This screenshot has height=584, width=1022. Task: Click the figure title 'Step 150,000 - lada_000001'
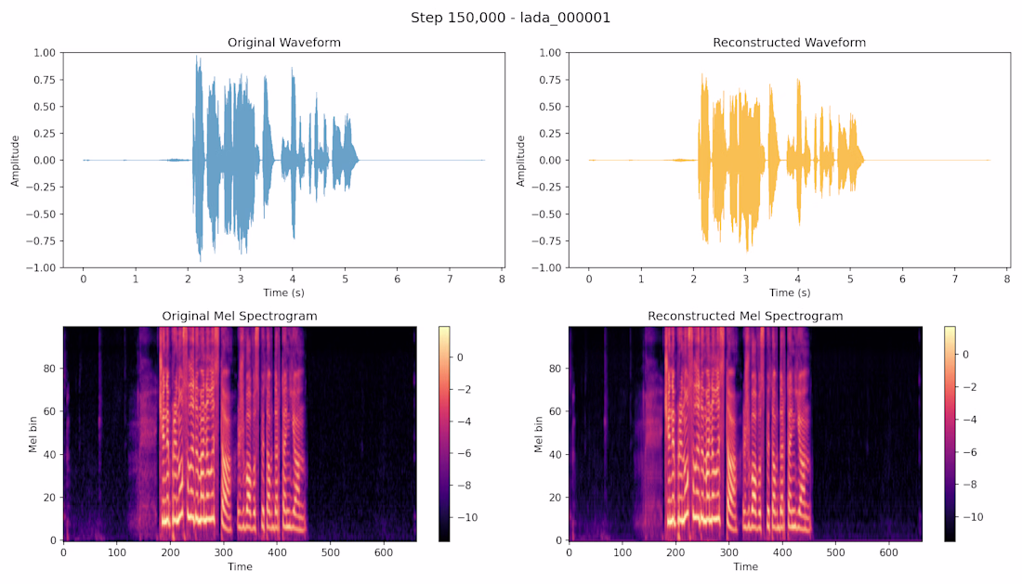coord(510,18)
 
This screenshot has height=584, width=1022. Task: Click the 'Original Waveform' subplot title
coord(283,43)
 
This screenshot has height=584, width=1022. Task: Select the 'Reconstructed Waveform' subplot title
coord(789,43)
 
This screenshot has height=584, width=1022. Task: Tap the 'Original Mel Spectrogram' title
coord(240,316)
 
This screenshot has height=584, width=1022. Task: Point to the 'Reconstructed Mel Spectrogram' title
coord(745,316)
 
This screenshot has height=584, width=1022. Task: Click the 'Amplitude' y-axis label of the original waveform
coord(15,160)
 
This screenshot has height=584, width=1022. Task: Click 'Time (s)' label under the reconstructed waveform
coord(789,292)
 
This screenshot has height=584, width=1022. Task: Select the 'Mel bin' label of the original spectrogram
coord(33,433)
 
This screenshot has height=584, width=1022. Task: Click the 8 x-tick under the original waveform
coord(502,278)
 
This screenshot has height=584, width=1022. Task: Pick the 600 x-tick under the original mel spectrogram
coord(384,552)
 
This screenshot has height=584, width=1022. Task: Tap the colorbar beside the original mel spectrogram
coord(445,433)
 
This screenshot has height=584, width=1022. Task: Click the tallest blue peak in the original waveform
coord(198,58)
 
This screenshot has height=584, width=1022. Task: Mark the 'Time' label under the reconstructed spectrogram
coord(745,566)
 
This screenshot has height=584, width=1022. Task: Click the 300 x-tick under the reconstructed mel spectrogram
coord(728,552)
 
